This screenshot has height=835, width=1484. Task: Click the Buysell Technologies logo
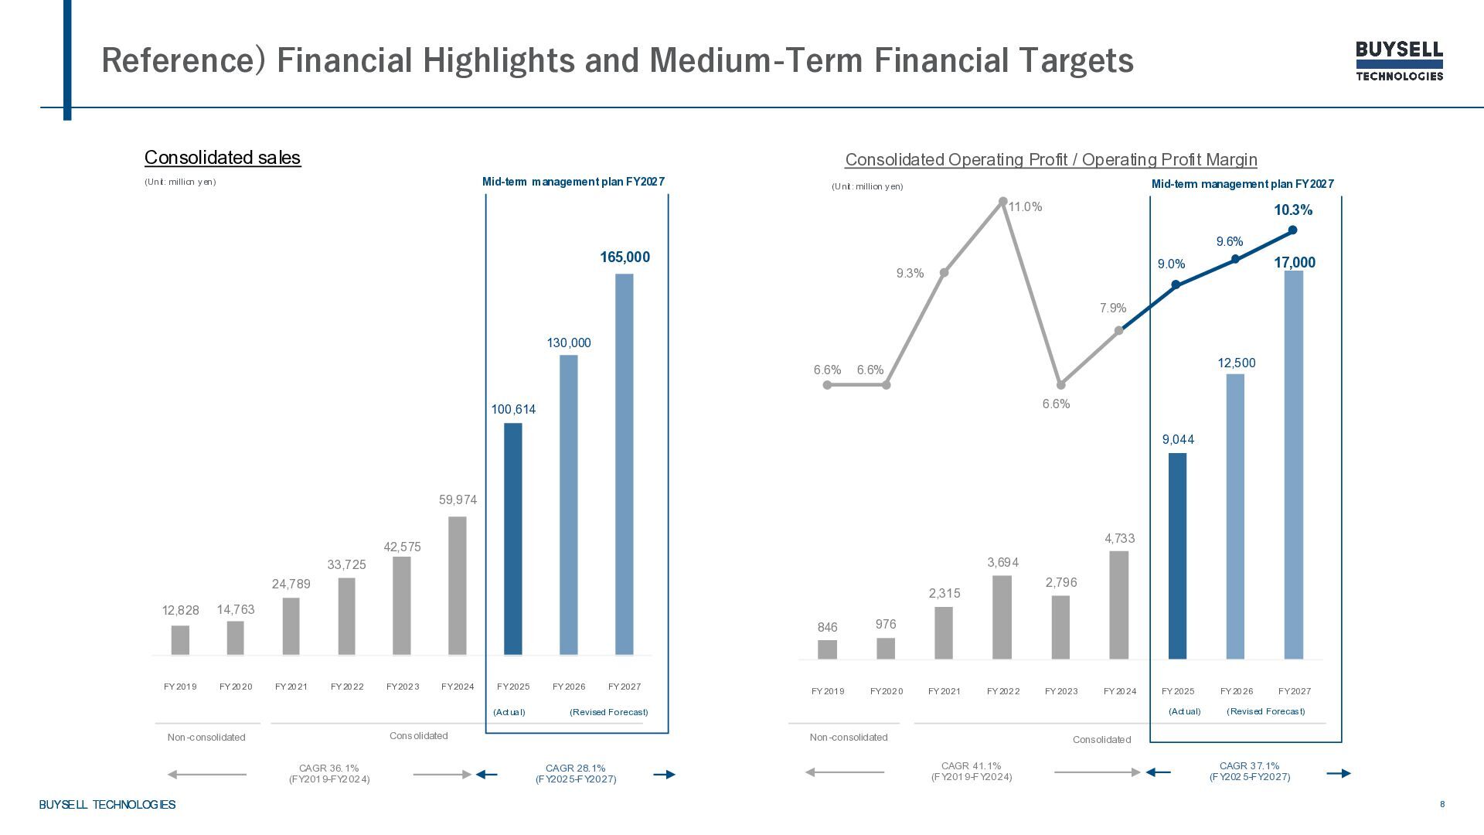(1399, 60)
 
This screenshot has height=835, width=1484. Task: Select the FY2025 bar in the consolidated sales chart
(513, 538)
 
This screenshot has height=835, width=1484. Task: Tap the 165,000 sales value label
(625, 257)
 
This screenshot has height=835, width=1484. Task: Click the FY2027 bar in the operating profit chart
(1294, 464)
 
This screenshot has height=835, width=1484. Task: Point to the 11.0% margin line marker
(1002, 202)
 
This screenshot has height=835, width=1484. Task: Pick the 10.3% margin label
(1293, 210)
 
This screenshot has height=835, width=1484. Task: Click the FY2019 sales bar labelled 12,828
(180, 640)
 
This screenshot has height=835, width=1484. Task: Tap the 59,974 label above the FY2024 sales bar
(458, 500)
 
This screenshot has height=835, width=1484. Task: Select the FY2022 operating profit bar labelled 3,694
(1002, 617)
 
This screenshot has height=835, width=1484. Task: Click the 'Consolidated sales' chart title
(223, 158)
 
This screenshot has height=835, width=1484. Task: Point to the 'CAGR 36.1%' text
(329, 769)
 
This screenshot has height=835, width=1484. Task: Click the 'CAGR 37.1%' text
(1249, 766)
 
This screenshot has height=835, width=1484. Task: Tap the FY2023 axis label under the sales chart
(403, 687)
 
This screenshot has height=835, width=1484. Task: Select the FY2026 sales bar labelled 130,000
(569, 504)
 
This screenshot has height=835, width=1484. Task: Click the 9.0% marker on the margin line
(1176, 285)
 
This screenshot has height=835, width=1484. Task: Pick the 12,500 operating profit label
(1237, 363)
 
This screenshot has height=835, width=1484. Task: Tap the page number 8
(1442, 804)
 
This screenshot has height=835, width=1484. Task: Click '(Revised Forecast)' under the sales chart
(608, 712)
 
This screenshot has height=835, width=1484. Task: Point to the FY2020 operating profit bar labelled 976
(886, 648)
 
